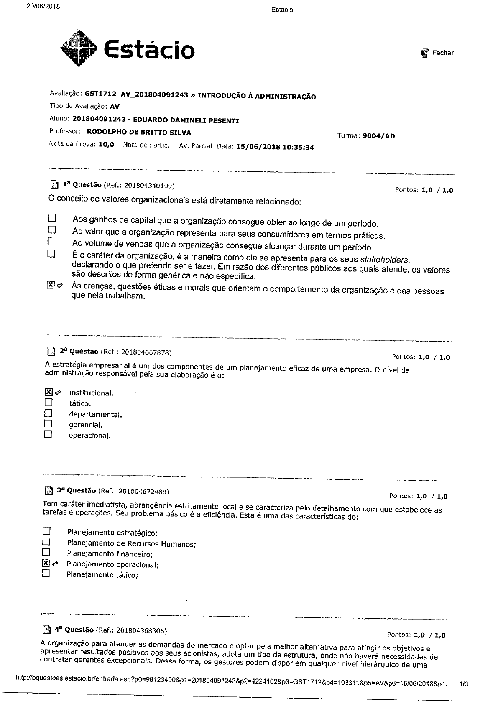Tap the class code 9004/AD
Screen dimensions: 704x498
(x=379, y=136)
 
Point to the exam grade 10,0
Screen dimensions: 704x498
(x=106, y=145)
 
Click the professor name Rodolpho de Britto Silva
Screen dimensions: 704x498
(x=139, y=133)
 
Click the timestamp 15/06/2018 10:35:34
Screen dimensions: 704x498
(x=275, y=147)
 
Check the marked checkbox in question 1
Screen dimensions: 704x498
(x=51, y=285)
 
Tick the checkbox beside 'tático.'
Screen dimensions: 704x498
(x=49, y=403)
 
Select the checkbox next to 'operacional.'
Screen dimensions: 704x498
(x=48, y=434)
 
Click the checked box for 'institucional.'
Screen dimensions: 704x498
(x=49, y=392)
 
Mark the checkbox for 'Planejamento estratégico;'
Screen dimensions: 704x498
(x=46, y=531)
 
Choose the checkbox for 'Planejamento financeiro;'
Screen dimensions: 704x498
(x=46, y=553)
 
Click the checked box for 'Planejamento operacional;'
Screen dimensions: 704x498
(x=46, y=564)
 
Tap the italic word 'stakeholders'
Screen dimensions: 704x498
(x=384, y=259)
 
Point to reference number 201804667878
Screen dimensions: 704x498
(x=146, y=352)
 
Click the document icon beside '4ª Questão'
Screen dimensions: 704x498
(x=47, y=630)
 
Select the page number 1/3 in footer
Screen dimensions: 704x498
(x=464, y=684)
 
